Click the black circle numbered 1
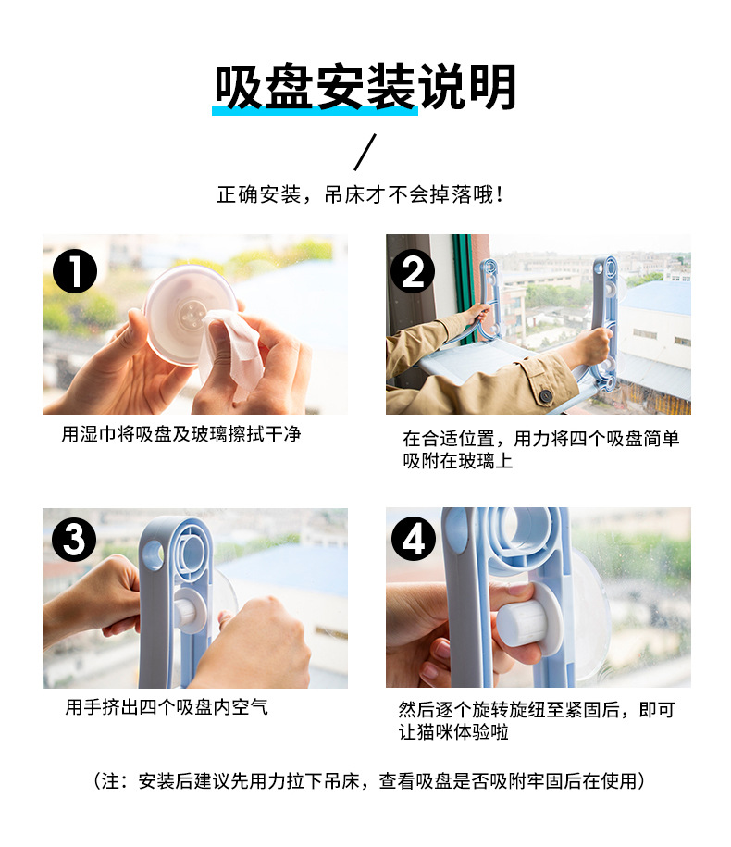coord(75,271)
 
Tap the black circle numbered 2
coord(413,271)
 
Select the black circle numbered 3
coord(75,539)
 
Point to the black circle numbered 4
coord(414,539)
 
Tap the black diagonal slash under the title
coord(365,152)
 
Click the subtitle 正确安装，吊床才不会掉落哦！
coord(361,194)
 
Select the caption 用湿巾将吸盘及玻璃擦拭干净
coord(180,434)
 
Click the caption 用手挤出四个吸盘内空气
coord(167,706)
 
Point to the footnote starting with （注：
coord(369,780)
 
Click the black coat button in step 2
coord(545,396)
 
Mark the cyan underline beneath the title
coord(315,111)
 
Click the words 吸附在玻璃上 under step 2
coord(457,461)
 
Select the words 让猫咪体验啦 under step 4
coord(453,732)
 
